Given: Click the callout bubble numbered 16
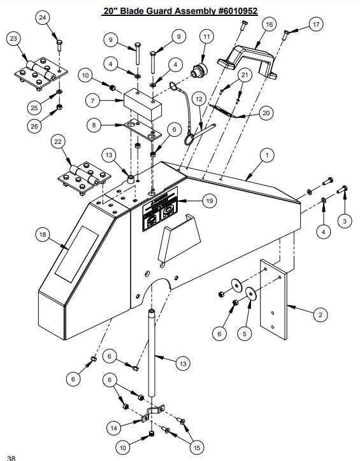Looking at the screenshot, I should coord(268,24).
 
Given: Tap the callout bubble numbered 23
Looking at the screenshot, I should coord(14,39).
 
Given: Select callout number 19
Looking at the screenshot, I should coord(208,201).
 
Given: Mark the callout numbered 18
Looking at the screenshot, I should coord(43,235).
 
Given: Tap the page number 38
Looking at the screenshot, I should coord(11,456).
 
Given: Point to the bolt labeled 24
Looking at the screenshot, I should coord(59,45).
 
